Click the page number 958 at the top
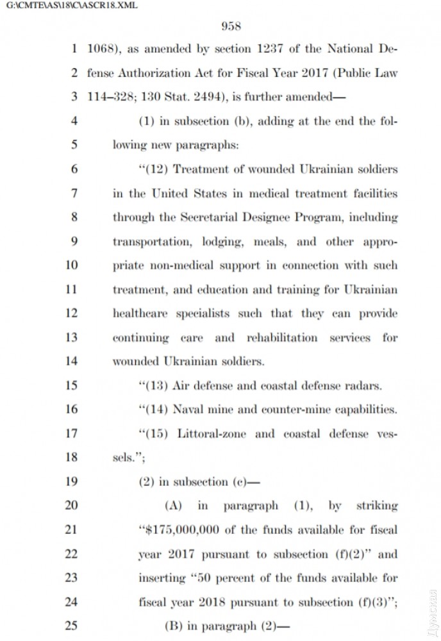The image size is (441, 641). [x=230, y=26]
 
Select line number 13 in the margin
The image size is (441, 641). [x=71, y=337]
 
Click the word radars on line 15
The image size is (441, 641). [x=363, y=386]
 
